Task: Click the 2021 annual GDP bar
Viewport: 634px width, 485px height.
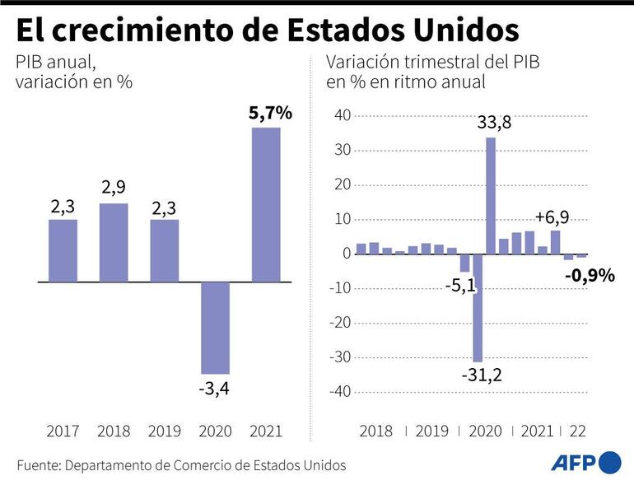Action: (266, 204)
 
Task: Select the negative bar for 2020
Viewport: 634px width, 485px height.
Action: (215, 328)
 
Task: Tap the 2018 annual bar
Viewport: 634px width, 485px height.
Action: (114, 242)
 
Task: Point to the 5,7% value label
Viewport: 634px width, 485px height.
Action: (270, 114)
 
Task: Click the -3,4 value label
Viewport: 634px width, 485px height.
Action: (215, 388)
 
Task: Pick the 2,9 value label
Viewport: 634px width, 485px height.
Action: (114, 189)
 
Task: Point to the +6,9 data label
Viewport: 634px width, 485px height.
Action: (552, 217)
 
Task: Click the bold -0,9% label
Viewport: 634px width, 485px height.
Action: (590, 276)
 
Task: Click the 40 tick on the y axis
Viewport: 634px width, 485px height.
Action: (342, 115)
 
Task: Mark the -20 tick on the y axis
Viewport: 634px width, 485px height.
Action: (339, 323)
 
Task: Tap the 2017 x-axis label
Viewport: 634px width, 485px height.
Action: (63, 431)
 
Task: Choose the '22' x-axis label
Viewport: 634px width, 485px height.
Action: (577, 431)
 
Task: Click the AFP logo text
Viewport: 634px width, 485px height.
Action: (573, 463)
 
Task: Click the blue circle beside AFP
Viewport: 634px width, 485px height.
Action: (610, 463)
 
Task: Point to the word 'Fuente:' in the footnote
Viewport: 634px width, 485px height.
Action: (38, 465)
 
